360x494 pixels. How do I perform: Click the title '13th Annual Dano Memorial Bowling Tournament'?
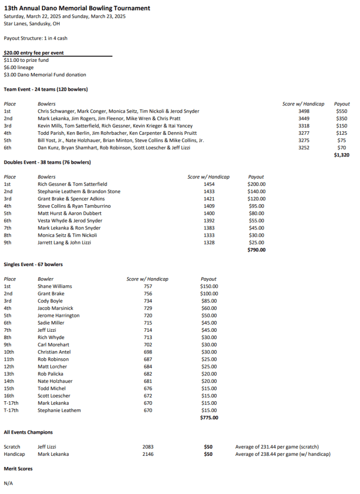(77, 8)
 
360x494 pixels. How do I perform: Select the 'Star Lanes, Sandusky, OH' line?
(32, 23)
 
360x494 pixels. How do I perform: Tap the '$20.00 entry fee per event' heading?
(34, 53)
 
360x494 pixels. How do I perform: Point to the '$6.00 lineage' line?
(20, 68)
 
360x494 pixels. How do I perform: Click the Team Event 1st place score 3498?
(304, 111)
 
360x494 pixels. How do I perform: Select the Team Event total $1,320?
(341, 155)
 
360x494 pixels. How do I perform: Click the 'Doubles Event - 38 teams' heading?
(47, 162)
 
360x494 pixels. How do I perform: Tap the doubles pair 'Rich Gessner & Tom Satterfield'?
(72, 184)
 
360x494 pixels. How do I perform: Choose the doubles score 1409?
(209, 206)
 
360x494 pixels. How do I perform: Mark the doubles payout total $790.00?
(256, 250)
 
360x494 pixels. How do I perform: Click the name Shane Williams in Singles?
(55, 286)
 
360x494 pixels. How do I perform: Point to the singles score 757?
(148, 286)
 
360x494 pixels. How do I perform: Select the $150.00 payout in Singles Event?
(209, 286)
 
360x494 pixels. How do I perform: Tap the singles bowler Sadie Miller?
(51, 323)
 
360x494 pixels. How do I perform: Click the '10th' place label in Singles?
(10, 352)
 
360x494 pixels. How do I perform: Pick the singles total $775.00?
(209, 418)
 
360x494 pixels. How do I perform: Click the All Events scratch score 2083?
(149, 447)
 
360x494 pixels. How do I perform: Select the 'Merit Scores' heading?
(18, 468)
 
